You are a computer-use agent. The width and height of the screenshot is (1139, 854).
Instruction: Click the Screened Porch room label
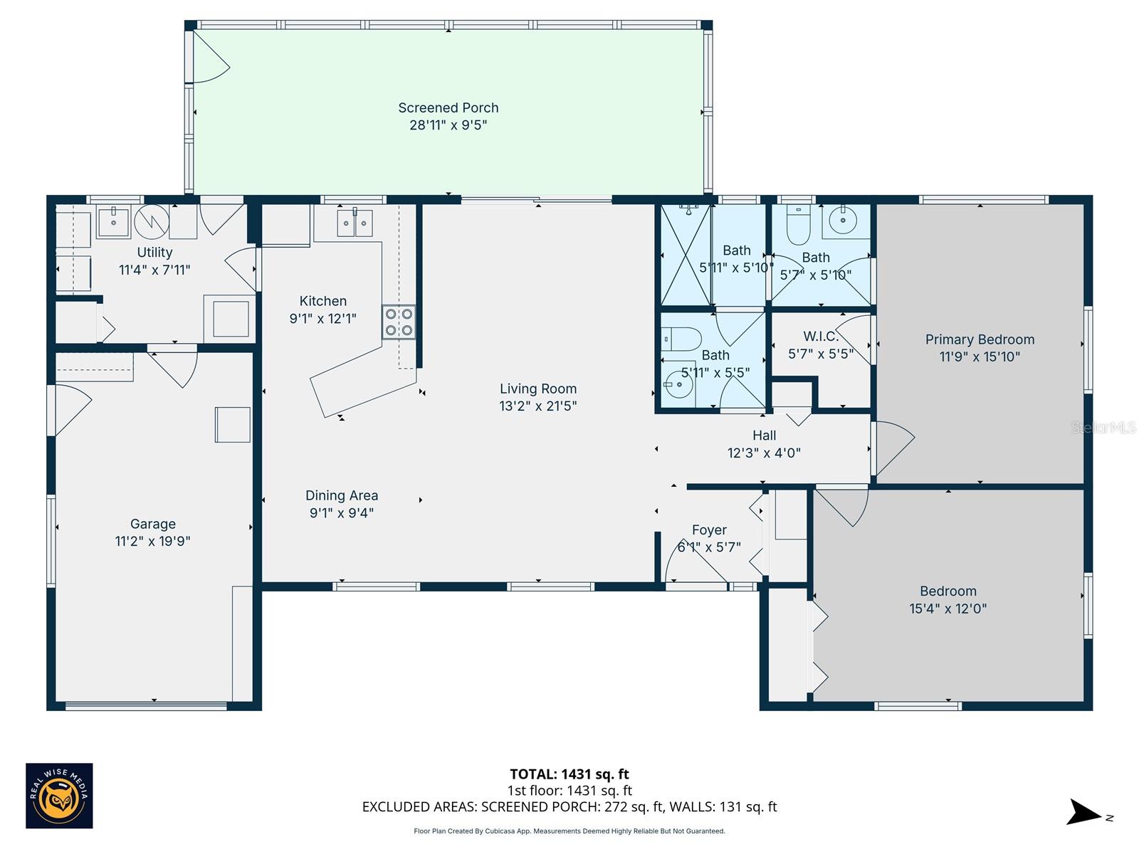pyautogui.click(x=448, y=107)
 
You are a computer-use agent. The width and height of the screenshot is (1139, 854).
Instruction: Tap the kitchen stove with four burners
pyautogui.click(x=399, y=322)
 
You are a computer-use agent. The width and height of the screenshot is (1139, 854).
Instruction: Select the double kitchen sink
pyautogui.click(x=354, y=223)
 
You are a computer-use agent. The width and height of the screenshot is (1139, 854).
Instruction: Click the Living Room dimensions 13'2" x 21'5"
pyautogui.click(x=537, y=406)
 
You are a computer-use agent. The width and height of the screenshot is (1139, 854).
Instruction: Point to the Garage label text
pyautogui.click(x=152, y=524)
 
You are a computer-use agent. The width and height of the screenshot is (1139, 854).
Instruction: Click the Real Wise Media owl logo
pyautogui.click(x=59, y=796)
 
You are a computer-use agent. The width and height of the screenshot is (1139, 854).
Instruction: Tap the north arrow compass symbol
pyautogui.click(x=1086, y=812)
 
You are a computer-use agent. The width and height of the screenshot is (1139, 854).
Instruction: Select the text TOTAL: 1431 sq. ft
pyautogui.click(x=569, y=774)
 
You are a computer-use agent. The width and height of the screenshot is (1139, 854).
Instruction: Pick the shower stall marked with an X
pyautogui.click(x=686, y=255)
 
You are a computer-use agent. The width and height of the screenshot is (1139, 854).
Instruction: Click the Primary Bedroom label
pyautogui.click(x=980, y=339)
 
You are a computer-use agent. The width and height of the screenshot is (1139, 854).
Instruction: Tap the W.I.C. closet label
pyautogui.click(x=820, y=336)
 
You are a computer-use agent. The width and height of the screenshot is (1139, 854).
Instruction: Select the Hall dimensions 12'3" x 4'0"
pyautogui.click(x=764, y=453)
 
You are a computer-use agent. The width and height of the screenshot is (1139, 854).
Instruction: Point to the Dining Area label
pyautogui.click(x=341, y=495)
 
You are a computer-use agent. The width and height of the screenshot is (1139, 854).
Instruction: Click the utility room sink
pyautogui.click(x=113, y=222)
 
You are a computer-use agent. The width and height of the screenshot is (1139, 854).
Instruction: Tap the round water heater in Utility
pyautogui.click(x=152, y=221)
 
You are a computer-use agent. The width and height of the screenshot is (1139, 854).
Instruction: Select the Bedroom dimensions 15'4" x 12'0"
pyautogui.click(x=948, y=608)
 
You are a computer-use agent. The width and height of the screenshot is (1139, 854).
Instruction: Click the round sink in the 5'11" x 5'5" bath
pyautogui.click(x=678, y=386)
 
